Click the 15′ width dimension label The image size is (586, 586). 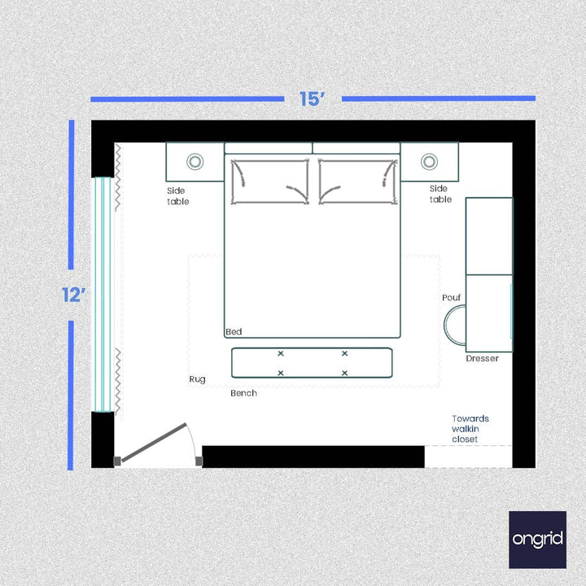coord(313,99)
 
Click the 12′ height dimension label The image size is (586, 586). coord(74,295)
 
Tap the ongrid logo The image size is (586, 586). coord(537,539)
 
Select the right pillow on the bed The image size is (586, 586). coord(357,181)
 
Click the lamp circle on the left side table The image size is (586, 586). coord(195,161)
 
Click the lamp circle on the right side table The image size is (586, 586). coord(429,161)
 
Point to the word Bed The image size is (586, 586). coord(234,332)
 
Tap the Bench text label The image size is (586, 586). coord(243,393)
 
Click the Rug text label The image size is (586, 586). coord(197,379)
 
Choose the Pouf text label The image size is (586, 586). coord(452,298)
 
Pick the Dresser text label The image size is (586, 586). coord(483,358)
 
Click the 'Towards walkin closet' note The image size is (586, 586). coord(470,429)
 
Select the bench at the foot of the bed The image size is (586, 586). coord(312,363)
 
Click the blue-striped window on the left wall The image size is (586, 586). coord(103,295)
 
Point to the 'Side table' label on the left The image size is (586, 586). coord(177,196)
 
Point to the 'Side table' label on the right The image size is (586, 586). coord(440,194)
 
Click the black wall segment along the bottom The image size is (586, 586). coord(313,457)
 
